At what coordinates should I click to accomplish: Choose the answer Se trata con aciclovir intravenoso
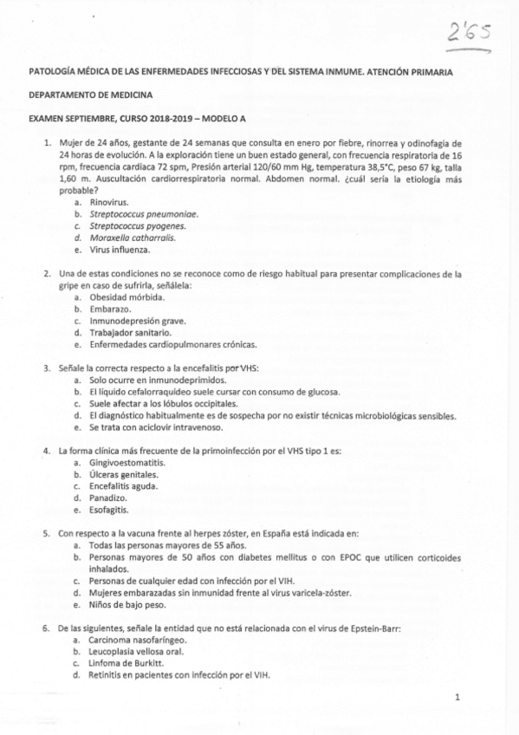pos(160,428)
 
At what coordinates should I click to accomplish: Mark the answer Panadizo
pos(107,499)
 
